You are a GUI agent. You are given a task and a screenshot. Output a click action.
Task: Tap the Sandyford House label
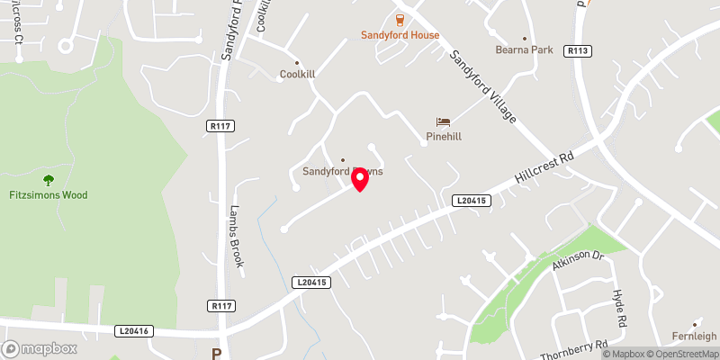pyautogui.click(x=400, y=35)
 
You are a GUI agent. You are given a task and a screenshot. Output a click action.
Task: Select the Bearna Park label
pyautogui.click(x=524, y=50)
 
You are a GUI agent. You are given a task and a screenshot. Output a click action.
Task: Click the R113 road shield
pyautogui.click(x=578, y=51)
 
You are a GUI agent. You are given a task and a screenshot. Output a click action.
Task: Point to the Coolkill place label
pyautogui.click(x=297, y=75)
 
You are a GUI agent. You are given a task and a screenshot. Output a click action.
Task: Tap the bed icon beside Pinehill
pyautogui.click(x=443, y=121)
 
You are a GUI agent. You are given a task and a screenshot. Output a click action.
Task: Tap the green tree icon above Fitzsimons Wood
pyautogui.click(x=49, y=180)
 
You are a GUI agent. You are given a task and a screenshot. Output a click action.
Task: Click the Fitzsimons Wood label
pyautogui.click(x=49, y=195)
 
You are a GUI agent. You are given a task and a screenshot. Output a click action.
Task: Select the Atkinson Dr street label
pyautogui.click(x=576, y=260)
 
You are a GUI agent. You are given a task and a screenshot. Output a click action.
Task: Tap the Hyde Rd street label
pyautogui.click(x=618, y=309)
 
